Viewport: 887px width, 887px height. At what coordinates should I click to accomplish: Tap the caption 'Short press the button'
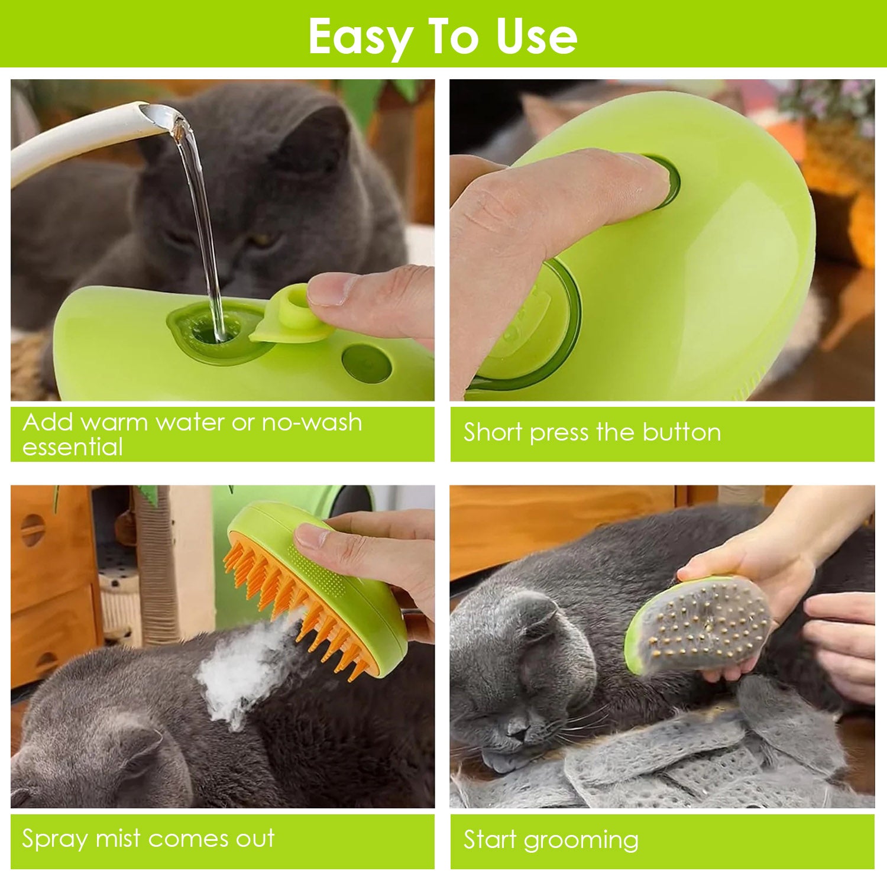tap(592, 432)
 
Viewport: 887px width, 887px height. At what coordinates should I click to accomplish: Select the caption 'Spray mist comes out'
tap(148, 839)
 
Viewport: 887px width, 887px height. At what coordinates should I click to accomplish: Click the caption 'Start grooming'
tap(551, 840)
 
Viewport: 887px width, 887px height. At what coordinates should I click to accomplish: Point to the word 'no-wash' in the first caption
tap(312, 422)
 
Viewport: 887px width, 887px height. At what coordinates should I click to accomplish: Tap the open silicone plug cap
tap(293, 316)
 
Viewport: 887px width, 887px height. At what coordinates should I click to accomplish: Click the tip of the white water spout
tap(157, 115)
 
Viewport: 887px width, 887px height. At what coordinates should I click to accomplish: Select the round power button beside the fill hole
tap(367, 363)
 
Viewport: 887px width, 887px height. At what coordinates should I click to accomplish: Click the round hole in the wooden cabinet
tap(33, 529)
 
